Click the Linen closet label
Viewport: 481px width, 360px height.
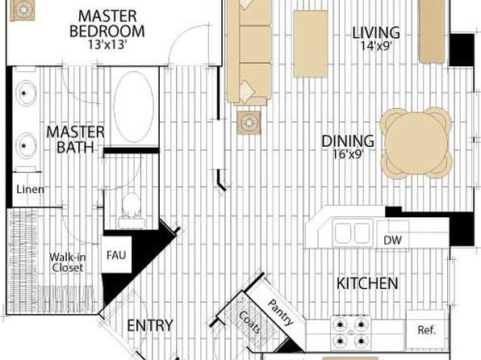coord(30,190)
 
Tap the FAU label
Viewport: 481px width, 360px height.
coord(116,255)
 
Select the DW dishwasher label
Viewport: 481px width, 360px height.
coord(392,240)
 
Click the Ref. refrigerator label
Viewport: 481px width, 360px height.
coord(426,330)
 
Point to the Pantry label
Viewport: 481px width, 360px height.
coord(281,312)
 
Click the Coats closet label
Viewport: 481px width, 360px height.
coord(249,322)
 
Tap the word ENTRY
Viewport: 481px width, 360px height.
coord(150,325)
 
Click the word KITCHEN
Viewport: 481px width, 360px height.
coord(367,283)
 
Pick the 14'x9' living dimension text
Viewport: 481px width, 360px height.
coord(376,46)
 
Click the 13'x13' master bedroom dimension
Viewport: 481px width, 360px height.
coord(107,45)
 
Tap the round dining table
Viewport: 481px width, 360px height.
coord(416,143)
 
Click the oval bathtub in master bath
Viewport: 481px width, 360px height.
coord(133,107)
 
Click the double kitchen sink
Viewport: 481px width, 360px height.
coord(352,233)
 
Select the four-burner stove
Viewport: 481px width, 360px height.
coord(350,333)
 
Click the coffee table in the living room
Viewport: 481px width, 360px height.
coord(311,44)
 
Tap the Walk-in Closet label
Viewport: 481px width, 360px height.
coord(68,262)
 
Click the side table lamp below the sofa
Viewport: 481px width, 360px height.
coord(249,123)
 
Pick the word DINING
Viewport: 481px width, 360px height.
coord(348,141)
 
